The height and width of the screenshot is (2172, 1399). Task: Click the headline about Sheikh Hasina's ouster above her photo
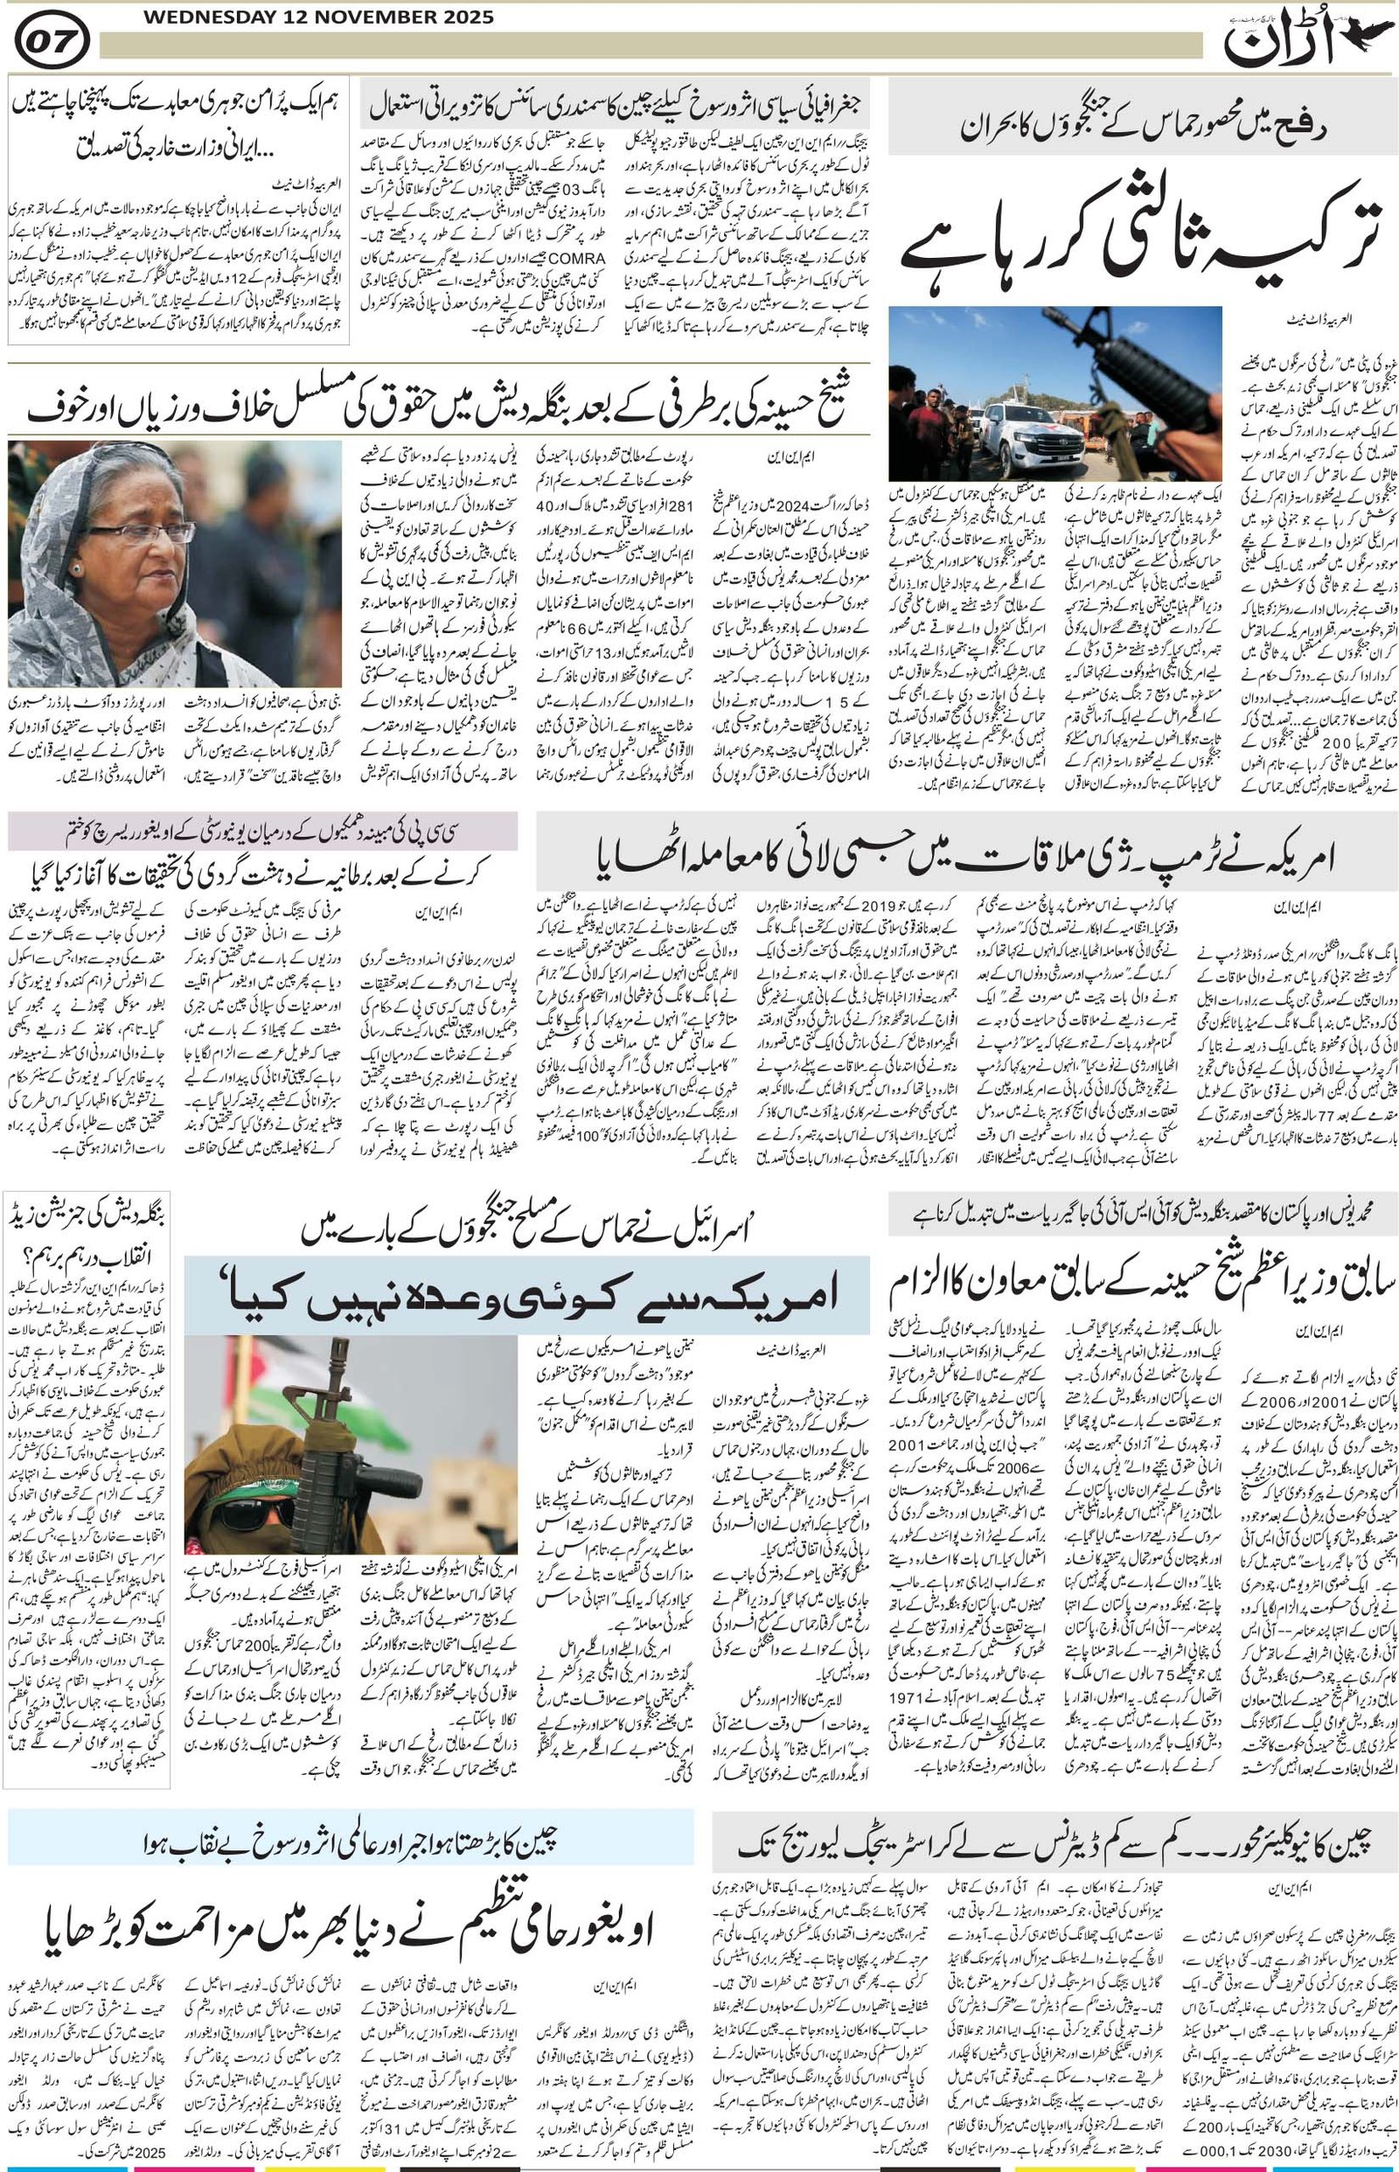click(436, 407)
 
